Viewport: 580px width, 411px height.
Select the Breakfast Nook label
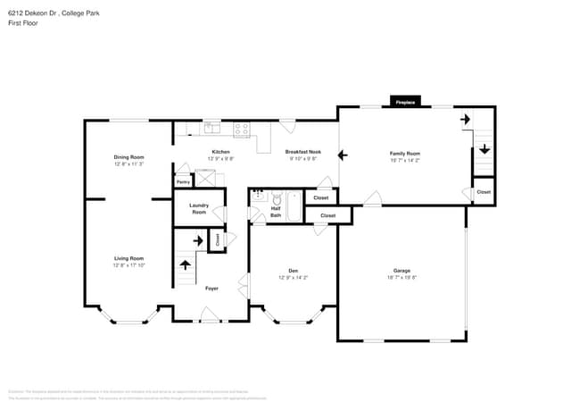coord(303,152)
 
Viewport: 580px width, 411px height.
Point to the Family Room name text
coord(405,154)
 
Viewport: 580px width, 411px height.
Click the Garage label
coord(402,271)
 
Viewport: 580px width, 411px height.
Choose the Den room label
coord(293,271)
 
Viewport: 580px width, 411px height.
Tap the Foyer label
coord(211,289)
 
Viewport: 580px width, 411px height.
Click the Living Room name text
coord(128,258)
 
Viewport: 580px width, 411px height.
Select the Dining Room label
coord(128,157)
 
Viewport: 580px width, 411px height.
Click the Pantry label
coord(183,182)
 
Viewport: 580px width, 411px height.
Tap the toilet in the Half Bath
coord(277,198)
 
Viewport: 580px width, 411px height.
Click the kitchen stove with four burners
coord(242,130)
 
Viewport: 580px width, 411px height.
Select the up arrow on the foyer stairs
coord(186,264)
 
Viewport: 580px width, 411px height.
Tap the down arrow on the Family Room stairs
coord(483,149)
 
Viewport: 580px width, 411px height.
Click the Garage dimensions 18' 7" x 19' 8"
coord(402,278)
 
